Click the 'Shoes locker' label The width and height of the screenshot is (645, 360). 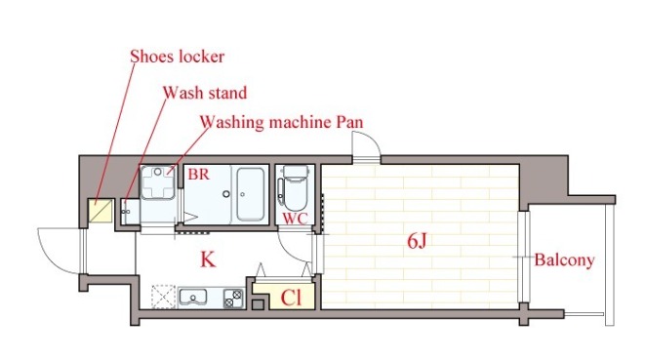pos(178,57)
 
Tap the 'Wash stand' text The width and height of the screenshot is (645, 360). pos(205,93)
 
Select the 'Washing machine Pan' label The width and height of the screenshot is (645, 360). pos(282,122)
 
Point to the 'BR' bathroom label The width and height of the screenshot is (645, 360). pos(199,174)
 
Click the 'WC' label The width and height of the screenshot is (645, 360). pos(295,219)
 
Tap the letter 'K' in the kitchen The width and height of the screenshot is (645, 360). pos(208,260)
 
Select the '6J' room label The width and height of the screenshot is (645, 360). pos(417,241)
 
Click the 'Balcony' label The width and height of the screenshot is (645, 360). pos(564,260)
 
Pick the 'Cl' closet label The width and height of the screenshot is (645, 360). pos(291,298)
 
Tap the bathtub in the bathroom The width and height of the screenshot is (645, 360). pos(250,194)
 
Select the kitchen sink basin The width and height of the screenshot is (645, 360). pos(193,297)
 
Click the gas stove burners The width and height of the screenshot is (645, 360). pos(233,299)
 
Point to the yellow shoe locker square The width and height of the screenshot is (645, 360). pos(101,211)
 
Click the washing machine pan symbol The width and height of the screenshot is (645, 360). pos(158,182)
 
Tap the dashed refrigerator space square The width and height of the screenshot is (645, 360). pos(163,297)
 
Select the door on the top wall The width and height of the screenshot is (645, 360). pos(366,147)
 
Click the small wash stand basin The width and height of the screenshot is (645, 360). pos(131,212)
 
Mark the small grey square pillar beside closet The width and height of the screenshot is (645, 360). pos(258,304)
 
